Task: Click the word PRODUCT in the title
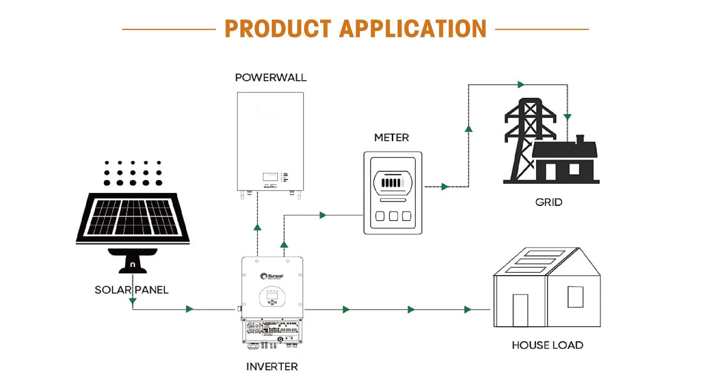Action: pyautogui.click(x=277, y=29)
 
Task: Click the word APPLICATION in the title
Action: pyautogui.click(x=413, y=29)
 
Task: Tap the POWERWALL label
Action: pyautogui.click(x=271, y=78)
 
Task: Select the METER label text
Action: pyautogui.click(x=391, y=138)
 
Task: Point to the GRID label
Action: pyautogui.click(x=548, y=202)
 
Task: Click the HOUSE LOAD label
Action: pyautogui.click(x=547, y=345)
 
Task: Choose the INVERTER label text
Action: pyautogui.click(x=272, y=367)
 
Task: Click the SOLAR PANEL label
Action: pyautogui.click(x=131, y=290)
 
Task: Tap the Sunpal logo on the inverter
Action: pyautogui.click(x=272, y=276)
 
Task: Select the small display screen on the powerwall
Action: pyautogui.click(x=270, y=177)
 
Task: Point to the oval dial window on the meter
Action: pyautogui.click(x=393, y=183)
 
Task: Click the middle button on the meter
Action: pyautogui.click(x=393, y=216)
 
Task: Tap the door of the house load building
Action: pyautogui.click(x=520, y=310)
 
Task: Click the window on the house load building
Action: pyautogui.click(x=575, y=297)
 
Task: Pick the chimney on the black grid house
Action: pyautogui.click(x=580, y=139)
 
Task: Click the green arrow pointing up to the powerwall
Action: pyautogui.click(x=257, y=227)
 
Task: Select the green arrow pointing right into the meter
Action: pyautogui.click(x=323, y=215)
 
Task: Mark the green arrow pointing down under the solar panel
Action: pyautogui.click(x=133, y=301)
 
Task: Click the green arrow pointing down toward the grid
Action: pyautogui.click(x=567, y=117)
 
